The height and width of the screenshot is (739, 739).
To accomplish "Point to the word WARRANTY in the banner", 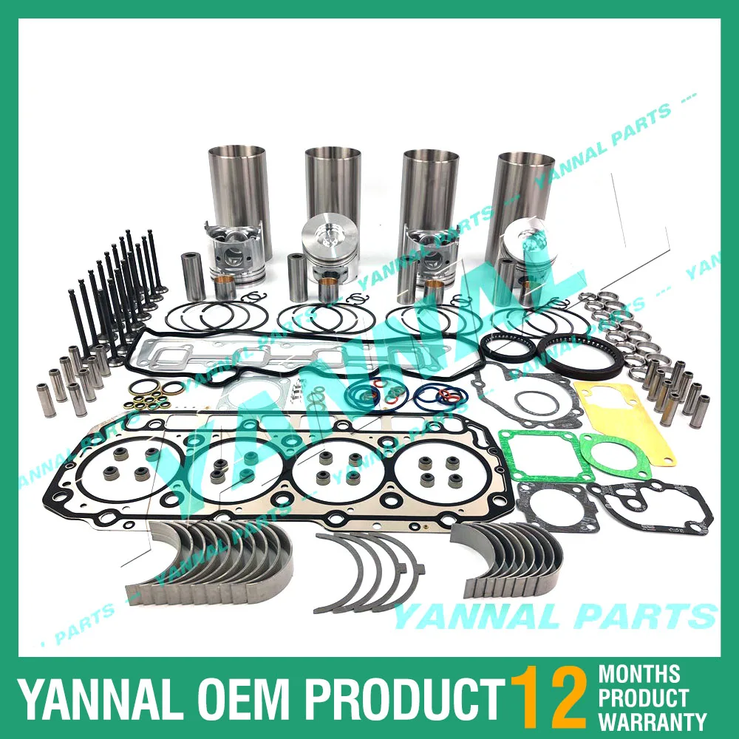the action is [x=653, y=721].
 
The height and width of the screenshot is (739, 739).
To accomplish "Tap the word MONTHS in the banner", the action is [x=639, y=673].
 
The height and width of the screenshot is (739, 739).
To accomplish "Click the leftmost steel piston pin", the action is [x=193, y=276].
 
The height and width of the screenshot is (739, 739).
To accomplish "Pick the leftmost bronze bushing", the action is [x=225, y=287].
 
